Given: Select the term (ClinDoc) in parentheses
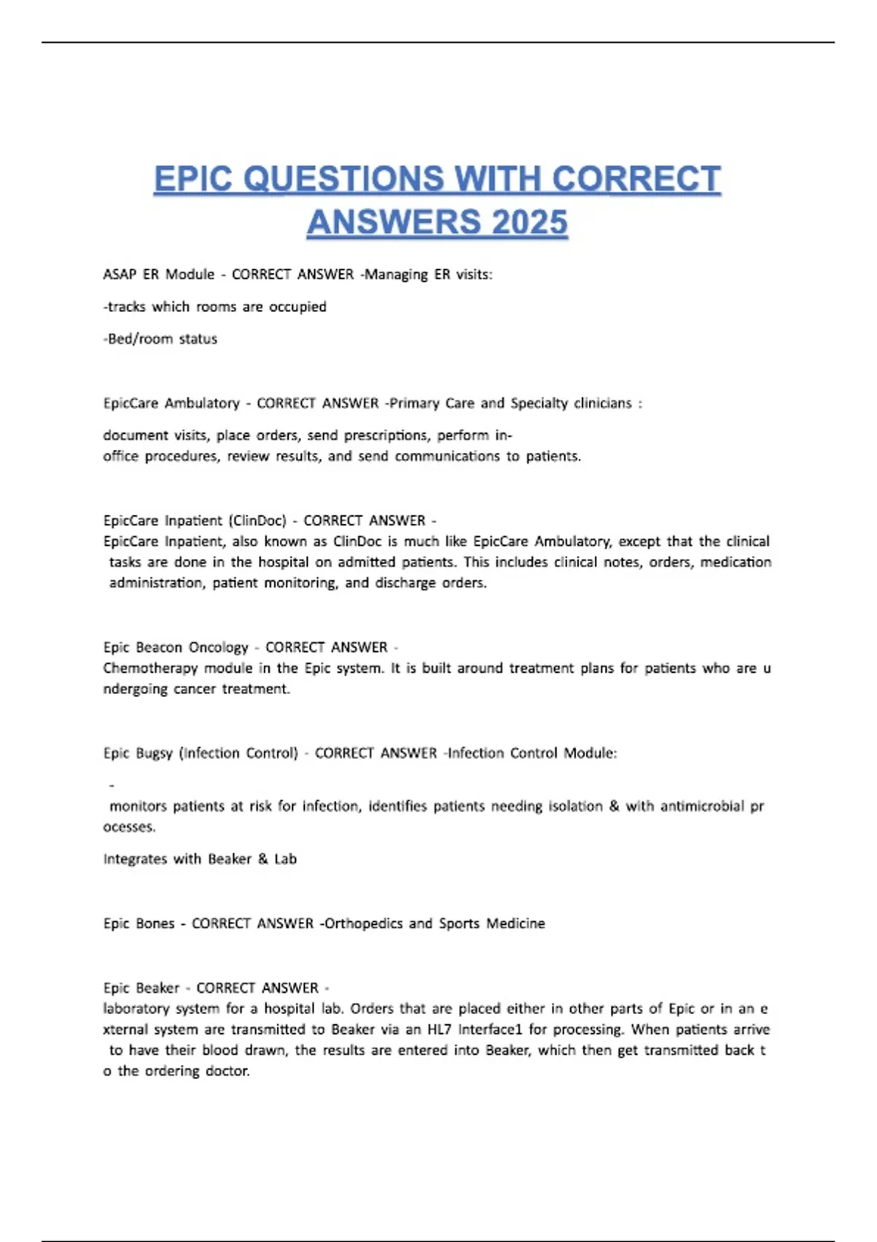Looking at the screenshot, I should (257, 521).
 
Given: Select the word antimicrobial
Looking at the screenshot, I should (702, 807).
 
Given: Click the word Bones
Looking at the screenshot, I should (155, 923).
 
